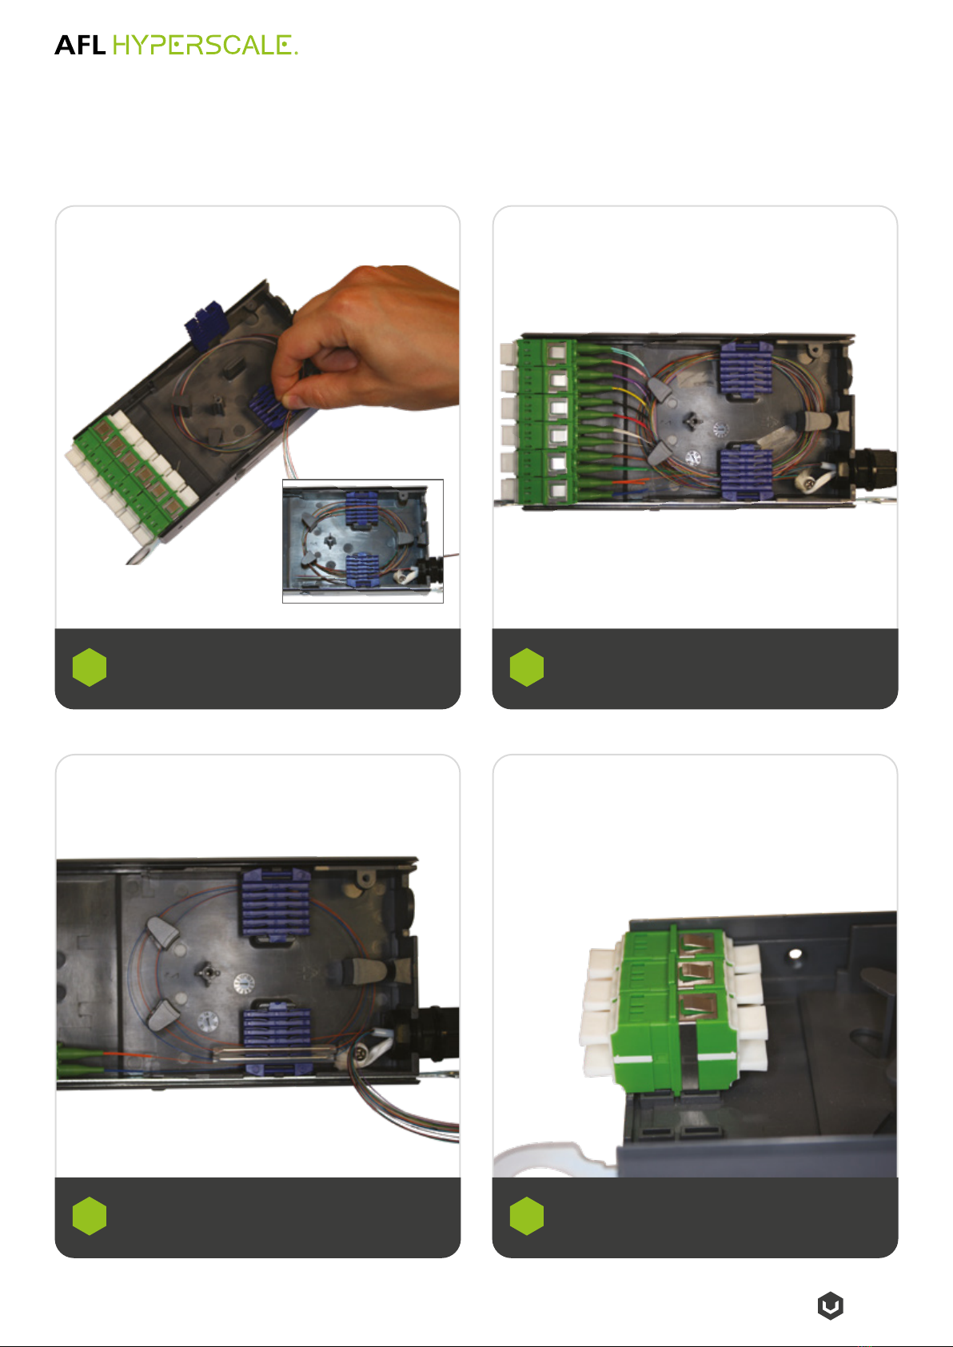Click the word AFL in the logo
point(80,45)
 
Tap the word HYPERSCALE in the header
point(205,45)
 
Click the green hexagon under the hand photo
point(90,667)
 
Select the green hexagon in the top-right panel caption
point(527,667)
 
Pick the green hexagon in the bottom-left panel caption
point(90,1216)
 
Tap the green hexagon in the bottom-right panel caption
point(527,1216)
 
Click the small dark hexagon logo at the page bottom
point(831,1305)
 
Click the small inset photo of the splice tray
point(362,540)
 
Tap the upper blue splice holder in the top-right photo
point(746,370)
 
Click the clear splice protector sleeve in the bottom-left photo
point(273,1053)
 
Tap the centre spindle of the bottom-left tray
point(206,973)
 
